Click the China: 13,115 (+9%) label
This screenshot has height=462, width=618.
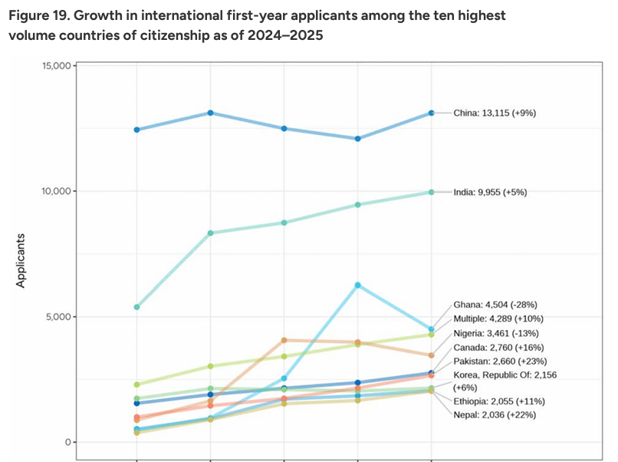[x=494, y=113]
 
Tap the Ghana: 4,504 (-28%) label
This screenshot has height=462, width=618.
[x=495, y=305]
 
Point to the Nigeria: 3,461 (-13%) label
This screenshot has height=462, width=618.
[x=496, y=333]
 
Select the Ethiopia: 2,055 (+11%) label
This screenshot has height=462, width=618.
[x=499, y=401]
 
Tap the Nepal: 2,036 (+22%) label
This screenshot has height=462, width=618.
[x=495, y=414]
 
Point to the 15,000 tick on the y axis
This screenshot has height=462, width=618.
[x=55, y=66]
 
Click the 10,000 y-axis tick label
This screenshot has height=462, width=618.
[x=55, y=191]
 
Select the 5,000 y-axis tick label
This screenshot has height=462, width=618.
[x=58, y=317]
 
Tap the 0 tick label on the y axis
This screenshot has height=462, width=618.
[x=67, y=442]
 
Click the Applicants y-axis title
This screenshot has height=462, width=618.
[x=21, y=261]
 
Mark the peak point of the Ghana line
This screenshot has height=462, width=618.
[x=357, y=285]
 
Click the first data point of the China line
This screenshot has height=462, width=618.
[x=136, y=130]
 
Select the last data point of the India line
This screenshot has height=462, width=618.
[x=431, y=192]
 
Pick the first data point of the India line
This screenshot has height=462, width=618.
[x=136, y=307]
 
